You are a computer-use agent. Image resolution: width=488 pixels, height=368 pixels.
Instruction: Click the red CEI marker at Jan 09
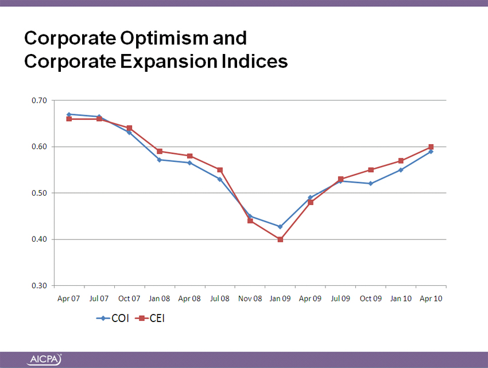[280, 239]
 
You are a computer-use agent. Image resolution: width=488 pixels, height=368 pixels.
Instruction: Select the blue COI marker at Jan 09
[280, 227]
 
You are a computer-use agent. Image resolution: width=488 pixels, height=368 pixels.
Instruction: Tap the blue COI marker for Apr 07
[69, 114]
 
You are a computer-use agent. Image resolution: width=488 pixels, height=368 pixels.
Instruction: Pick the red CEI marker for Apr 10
[431, 147]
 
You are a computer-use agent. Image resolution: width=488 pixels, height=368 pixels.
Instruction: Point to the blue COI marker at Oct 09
[371, 184]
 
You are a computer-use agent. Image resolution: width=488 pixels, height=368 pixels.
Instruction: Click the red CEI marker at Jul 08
[220, 170]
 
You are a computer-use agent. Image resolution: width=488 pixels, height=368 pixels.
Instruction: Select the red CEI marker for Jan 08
[160, 152]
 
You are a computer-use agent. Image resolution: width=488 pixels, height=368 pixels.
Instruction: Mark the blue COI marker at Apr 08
[189, 162]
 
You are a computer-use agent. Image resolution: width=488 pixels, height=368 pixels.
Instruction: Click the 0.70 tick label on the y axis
[39, 100]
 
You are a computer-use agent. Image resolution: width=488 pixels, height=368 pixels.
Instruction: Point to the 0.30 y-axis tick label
[39, 286]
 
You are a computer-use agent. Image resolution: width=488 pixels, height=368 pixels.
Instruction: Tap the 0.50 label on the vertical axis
[39, 193]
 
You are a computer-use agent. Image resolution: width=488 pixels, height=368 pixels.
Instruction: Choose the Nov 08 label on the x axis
[250, 299]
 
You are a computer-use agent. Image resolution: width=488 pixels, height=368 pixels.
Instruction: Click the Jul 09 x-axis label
[340, 299]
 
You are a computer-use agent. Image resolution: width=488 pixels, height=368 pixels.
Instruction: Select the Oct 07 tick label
[129, 299]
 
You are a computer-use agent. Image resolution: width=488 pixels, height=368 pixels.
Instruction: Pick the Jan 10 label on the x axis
[401, 299]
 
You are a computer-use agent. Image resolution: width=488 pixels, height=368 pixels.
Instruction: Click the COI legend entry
[113, 318]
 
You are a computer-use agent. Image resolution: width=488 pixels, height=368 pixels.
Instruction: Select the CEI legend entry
[150, 318]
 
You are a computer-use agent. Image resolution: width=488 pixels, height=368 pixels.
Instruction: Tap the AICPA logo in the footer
[45, 360]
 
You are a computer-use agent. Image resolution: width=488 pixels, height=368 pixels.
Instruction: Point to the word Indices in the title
[255, 61]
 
